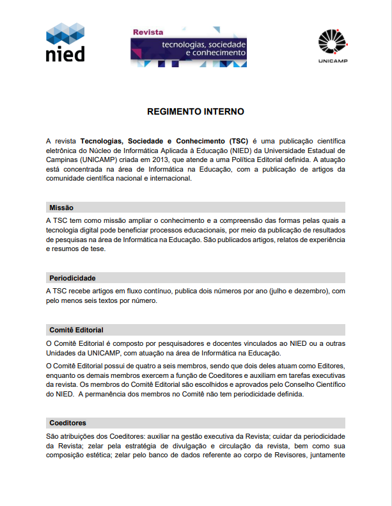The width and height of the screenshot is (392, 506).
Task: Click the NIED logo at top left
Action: (x=65, y=42)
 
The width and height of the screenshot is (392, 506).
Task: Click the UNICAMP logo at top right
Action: (x=331, y=45)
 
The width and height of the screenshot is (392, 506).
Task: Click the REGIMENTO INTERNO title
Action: (x=195, y=111)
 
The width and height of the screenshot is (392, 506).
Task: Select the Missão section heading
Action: (x=61, y=208)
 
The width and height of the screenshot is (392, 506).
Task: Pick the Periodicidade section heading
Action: (x=72, y=278)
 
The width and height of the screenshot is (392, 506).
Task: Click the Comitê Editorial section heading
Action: (x=76, y=330)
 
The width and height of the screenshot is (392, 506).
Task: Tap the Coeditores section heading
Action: (x=67, y=423)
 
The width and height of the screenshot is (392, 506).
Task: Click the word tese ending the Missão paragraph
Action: (x=97, y=249)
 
